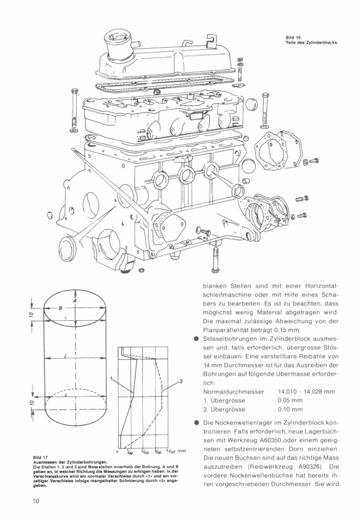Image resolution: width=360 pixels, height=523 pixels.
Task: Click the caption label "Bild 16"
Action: click(294, 37)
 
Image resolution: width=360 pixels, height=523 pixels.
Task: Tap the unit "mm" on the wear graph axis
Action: click(182, 451)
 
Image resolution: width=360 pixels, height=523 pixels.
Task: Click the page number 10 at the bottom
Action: click(35, 500)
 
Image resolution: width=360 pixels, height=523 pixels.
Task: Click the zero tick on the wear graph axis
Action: click(117, 451)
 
